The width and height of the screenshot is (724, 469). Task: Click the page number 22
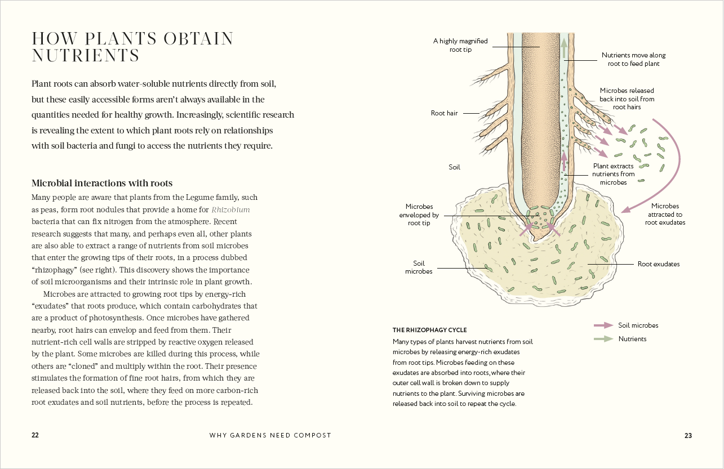[x=35, y=435]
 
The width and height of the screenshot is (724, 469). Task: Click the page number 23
[x=688, y=435]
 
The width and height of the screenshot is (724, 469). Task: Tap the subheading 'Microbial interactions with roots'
[x=102, y=183]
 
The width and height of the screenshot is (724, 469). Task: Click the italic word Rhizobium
[x=230, y=209]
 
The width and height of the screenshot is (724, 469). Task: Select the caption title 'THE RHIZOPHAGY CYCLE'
[x=429, y=330]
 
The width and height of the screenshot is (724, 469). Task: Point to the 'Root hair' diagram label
[x=444, y=113]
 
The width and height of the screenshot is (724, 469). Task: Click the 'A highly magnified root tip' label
[x=460, y=45]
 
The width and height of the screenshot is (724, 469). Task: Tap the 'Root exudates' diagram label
[x=658, y=263]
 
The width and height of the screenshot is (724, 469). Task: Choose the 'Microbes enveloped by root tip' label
[x=419, y=215]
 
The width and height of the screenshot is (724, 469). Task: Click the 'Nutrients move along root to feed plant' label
[x=633, y=59]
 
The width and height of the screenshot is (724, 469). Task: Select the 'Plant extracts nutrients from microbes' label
[x=613, y=174]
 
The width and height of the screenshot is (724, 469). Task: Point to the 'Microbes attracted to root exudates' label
[x=665, y=214]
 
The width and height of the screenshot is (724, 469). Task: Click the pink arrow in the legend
[x=603, y=325]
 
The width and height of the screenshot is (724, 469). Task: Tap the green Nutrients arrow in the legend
[x=603, y=339]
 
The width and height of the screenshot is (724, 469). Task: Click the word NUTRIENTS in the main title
[x=86, y=56]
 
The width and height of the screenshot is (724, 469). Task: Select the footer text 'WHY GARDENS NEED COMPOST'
[x=270, y=435]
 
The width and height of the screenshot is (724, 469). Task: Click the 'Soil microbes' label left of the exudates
[x=419, y=267]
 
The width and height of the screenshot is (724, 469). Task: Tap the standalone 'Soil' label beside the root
[x=454, y=167]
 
